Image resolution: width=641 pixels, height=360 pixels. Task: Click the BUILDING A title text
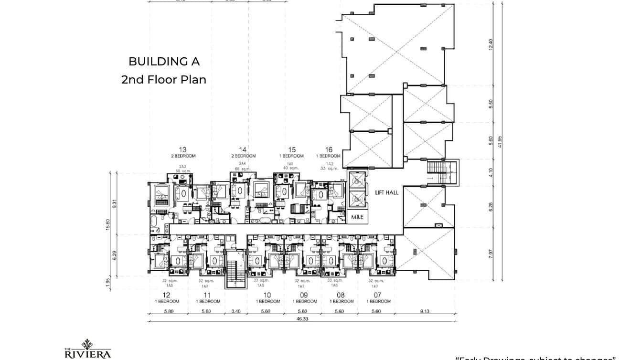click(164, 62)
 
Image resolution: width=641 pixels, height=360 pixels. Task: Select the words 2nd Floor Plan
click(164, 79)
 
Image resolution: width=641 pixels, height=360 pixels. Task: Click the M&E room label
click(358, 217)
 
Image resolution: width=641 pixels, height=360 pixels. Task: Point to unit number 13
click(182, 149)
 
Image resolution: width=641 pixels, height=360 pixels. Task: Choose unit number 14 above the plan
click(243, 149)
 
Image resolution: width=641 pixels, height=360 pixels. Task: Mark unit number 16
click(329, 149)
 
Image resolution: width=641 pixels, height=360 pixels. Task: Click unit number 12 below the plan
click(167, 295)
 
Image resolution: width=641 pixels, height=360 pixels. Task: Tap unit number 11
click(207, 295)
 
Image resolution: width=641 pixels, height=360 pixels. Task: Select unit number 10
click(267, 295)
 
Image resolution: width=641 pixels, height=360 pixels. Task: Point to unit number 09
click(304, 295)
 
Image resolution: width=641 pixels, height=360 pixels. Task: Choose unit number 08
click(341, 295)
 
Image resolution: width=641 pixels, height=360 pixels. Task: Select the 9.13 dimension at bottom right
click(425, 311)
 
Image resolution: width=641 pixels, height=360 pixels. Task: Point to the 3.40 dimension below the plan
click(236, 311)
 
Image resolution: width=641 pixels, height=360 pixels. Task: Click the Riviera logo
click(87, 349)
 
